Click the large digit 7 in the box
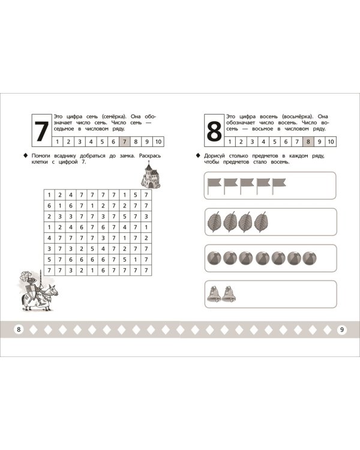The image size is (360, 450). pyautogui.click(x=41, y=131)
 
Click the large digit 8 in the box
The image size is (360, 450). pyautogui.click(x=214, y=131)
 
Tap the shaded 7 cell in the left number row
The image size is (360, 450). pyautogui.click(x=124, y=142)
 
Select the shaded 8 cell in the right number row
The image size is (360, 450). pyautogui.click(x=308, y=142)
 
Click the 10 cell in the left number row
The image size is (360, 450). pyautogui.click(x=158, y=142)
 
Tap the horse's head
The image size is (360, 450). pyautogui.click(x=53, y=290)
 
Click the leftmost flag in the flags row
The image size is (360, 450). pyautogui.click(x=214, y=185)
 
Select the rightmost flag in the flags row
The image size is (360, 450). pyautogui.click(x=279, y=185)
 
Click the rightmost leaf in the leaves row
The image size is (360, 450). pyautogui.click(x=261, y=222)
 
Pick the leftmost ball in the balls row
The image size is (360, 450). pyautogui.click(x=214, y=258)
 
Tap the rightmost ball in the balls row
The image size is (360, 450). pyautogui.click(x=310, y=258)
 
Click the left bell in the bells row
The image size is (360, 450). pyautogui.click(x=214, y=294)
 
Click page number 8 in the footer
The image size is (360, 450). pyautogui.click(x=19, y=329)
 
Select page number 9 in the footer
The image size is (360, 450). pyautogui.click(x=341, y=329)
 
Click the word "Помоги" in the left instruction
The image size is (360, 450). pyautogui.click(x=40, y=156)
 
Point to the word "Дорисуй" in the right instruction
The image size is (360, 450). pyautogui.click(x=214, y=156)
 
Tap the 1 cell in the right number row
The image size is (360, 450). pyautogui.click(x=230, y=142)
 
